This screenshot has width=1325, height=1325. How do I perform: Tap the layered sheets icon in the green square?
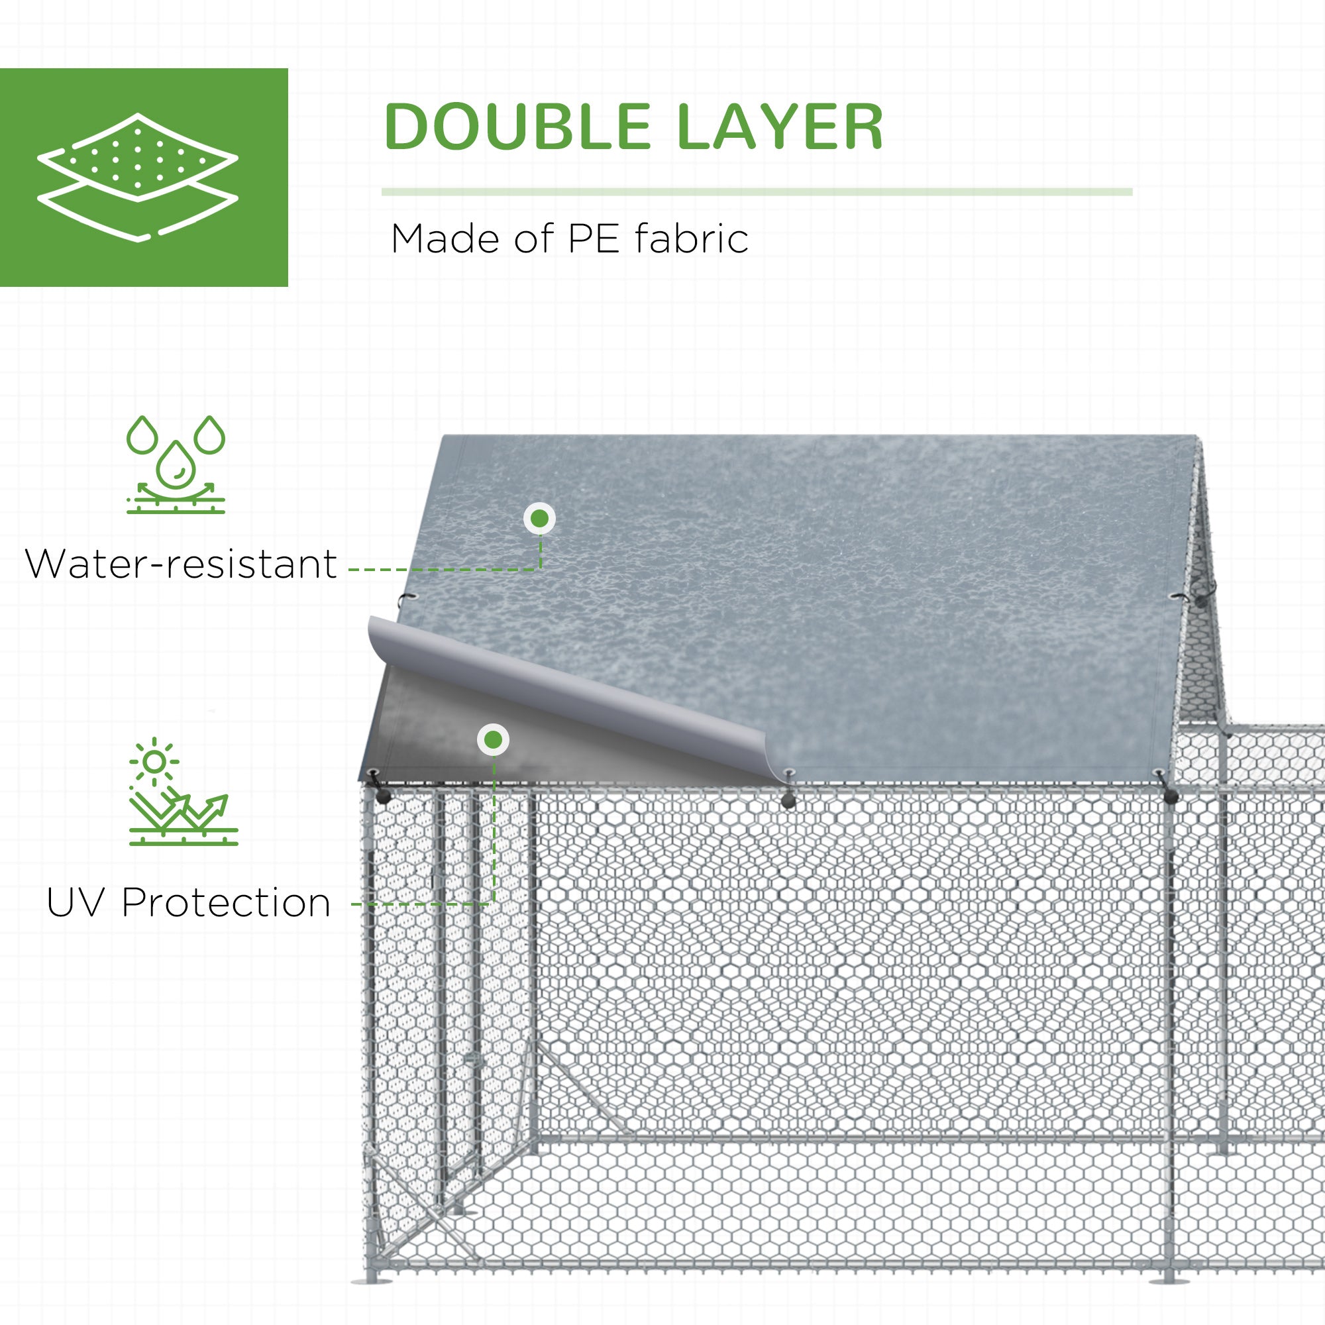point(138,177)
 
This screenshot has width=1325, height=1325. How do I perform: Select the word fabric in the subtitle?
point(691,239)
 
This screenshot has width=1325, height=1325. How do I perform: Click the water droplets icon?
point(176,464)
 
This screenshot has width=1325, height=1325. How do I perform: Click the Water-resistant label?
point(181,564)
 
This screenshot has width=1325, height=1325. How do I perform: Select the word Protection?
point(227,902)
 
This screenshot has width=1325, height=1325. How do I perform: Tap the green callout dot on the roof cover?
point(540,519)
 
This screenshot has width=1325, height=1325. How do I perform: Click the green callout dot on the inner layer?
point(493,740)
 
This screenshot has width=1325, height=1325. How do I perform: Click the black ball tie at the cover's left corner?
point(382,796)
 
